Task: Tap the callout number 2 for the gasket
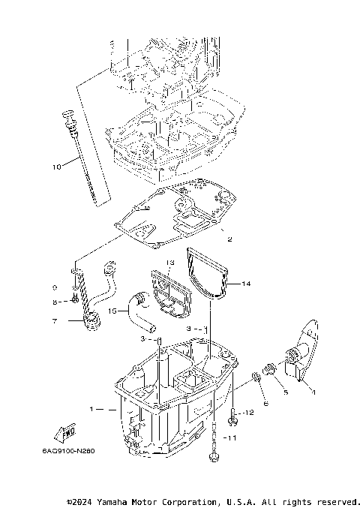click(229, 239)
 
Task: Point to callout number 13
click(170, 263)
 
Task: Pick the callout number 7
click(54, 321)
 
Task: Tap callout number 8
click(55, 302)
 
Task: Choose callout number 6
click(264, 403)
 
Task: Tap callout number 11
click(232, 437)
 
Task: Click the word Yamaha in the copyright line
click(109, 500)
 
